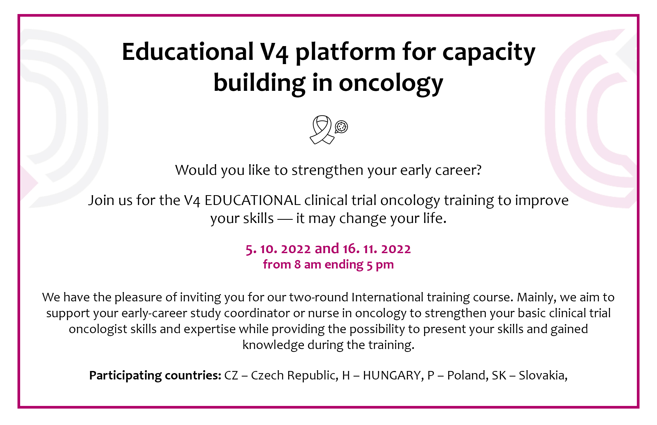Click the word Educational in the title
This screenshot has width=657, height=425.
[188, 52]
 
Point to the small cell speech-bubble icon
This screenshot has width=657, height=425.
[341, 127]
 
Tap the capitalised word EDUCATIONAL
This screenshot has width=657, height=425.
[252, 200]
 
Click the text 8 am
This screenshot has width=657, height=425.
[308, 265]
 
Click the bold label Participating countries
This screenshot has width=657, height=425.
[155, 376]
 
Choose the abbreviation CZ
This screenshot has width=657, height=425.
[231, 375]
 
